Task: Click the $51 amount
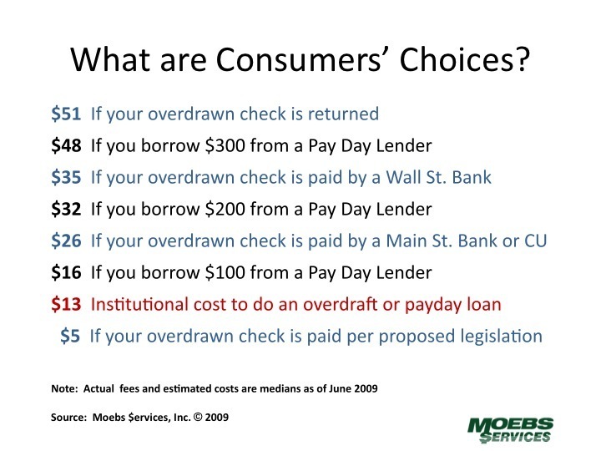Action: [x=66, y=114]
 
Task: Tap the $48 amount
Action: [x=66, y=145]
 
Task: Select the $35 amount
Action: [x=66, y=178]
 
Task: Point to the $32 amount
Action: [x=66, y=210]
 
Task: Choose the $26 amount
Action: [x=66, y=241]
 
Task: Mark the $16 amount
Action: [x=66, y=272]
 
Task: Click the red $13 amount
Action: [x=66, y=305]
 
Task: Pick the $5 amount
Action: [x=70, y=337]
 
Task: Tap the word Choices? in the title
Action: [x=465, y=59]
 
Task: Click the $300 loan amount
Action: [x=225, y=145]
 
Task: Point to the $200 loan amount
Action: [x=225, y=210]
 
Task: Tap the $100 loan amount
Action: [x=225, y=272]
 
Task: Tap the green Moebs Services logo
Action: [x=511, y=430]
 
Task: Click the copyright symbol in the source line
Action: [x=198, y=418]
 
